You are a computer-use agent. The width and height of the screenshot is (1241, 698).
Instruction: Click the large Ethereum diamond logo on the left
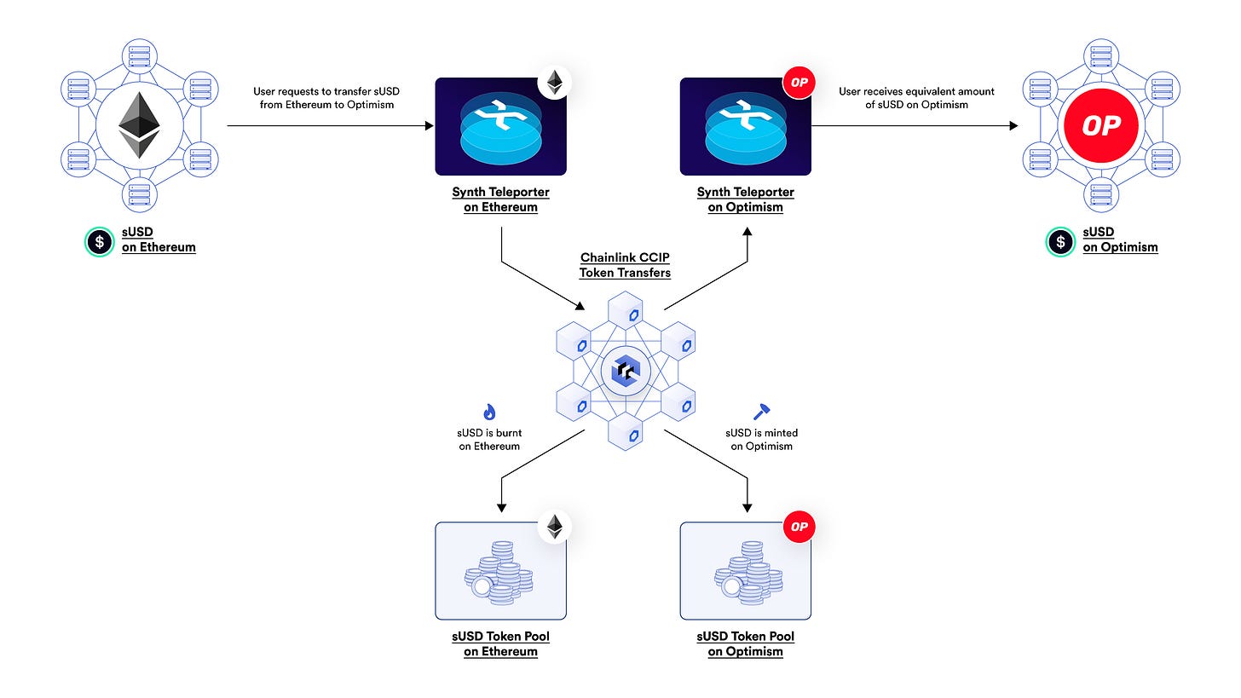pos(139,126)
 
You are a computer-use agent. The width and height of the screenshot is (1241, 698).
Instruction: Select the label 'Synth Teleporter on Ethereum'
pos(500,199)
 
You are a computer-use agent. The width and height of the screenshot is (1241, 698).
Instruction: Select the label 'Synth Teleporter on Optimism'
pos(745,199)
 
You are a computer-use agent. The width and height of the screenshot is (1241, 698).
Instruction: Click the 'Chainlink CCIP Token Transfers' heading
pos(625,265)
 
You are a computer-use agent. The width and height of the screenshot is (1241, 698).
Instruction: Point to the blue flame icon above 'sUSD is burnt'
pos(489,412)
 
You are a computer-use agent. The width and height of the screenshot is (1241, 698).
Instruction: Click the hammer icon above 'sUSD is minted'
pos(760,412)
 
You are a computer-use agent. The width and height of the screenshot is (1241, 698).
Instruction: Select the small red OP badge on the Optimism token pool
pos(799,527)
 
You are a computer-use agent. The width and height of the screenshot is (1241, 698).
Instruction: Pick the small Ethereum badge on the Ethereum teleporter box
pos(554,84)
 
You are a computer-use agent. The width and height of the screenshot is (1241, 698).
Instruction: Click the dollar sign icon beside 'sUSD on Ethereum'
pos(99,242)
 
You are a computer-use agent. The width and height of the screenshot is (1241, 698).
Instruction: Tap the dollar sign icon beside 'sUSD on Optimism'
pos(1060,242)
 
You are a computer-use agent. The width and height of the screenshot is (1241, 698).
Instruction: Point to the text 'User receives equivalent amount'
pos(916,91)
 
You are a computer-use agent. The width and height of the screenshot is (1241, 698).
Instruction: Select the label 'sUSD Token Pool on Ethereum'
pos(500,644)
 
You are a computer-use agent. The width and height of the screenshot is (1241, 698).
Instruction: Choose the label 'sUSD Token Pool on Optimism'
pos(745,644)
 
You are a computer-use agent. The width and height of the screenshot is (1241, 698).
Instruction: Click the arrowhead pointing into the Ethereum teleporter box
pos(429,126)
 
